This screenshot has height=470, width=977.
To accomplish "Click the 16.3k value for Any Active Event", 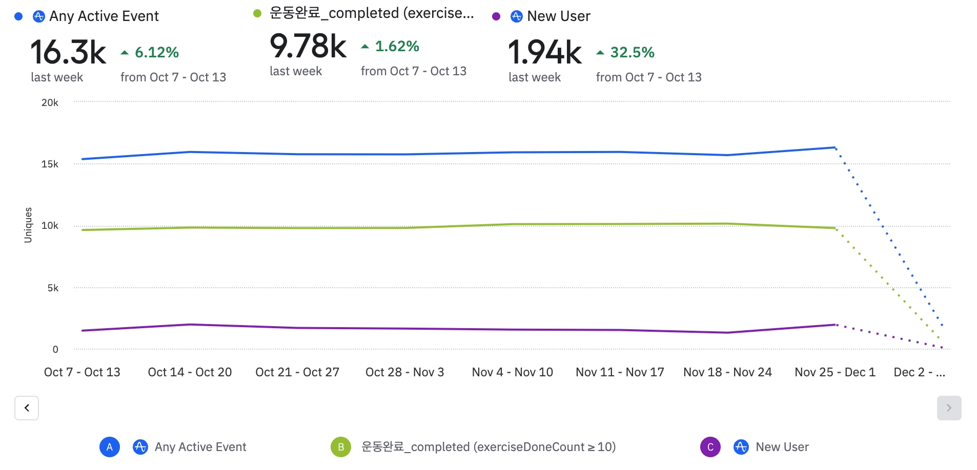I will pyautogui.click(x=68, y=52).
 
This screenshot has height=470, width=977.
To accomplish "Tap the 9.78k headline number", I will pyautogui.click(x=308, y=46).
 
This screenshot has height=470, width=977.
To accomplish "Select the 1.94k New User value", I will pyautogui.click(x=544, y=52).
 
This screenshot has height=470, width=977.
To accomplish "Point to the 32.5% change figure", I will pyautogui.click(x=632, y=52).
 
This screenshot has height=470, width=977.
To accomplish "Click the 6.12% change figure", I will pyautogui.click(x=156, y=52).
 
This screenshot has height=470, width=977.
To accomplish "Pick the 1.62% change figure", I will pyautogui.click(x=397, y=46).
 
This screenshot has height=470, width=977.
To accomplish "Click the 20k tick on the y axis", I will pyautogui.click(x=50, y=102).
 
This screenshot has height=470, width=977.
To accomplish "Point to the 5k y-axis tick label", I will pyautogui.click(x=53, y=288).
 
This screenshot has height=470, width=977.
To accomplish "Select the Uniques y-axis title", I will pyautogui.click(x=28, y=225).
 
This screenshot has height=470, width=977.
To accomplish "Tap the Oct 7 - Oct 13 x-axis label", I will pyautogui.click(x=82, y=372).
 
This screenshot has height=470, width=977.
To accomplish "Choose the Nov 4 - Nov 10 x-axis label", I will pyautogui.click(x=512, y=372).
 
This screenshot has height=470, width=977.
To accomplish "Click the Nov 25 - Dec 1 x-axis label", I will pyautogui.click(x=834, y=372).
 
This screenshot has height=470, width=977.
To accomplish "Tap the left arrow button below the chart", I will pyautogui.click(x=27, y=408).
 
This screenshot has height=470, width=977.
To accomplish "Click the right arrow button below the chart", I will pyautogui.click(x=949, y=408).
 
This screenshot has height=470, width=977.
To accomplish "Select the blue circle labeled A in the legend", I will pyautogui.click(x=110, y=447).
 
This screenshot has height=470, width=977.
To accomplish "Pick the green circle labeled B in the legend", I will pyautogui.click(x=341, y=447).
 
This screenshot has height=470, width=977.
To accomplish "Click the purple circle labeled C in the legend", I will pyautogui.click(x=710, y=447).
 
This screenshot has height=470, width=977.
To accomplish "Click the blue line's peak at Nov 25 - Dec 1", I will pyautogui.click(x=835, y=147).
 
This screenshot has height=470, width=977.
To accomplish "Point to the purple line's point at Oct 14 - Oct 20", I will pyautogui.click(x=190, y=325).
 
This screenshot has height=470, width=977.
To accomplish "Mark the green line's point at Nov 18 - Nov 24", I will pyautogui.click(x=727, y=224).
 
